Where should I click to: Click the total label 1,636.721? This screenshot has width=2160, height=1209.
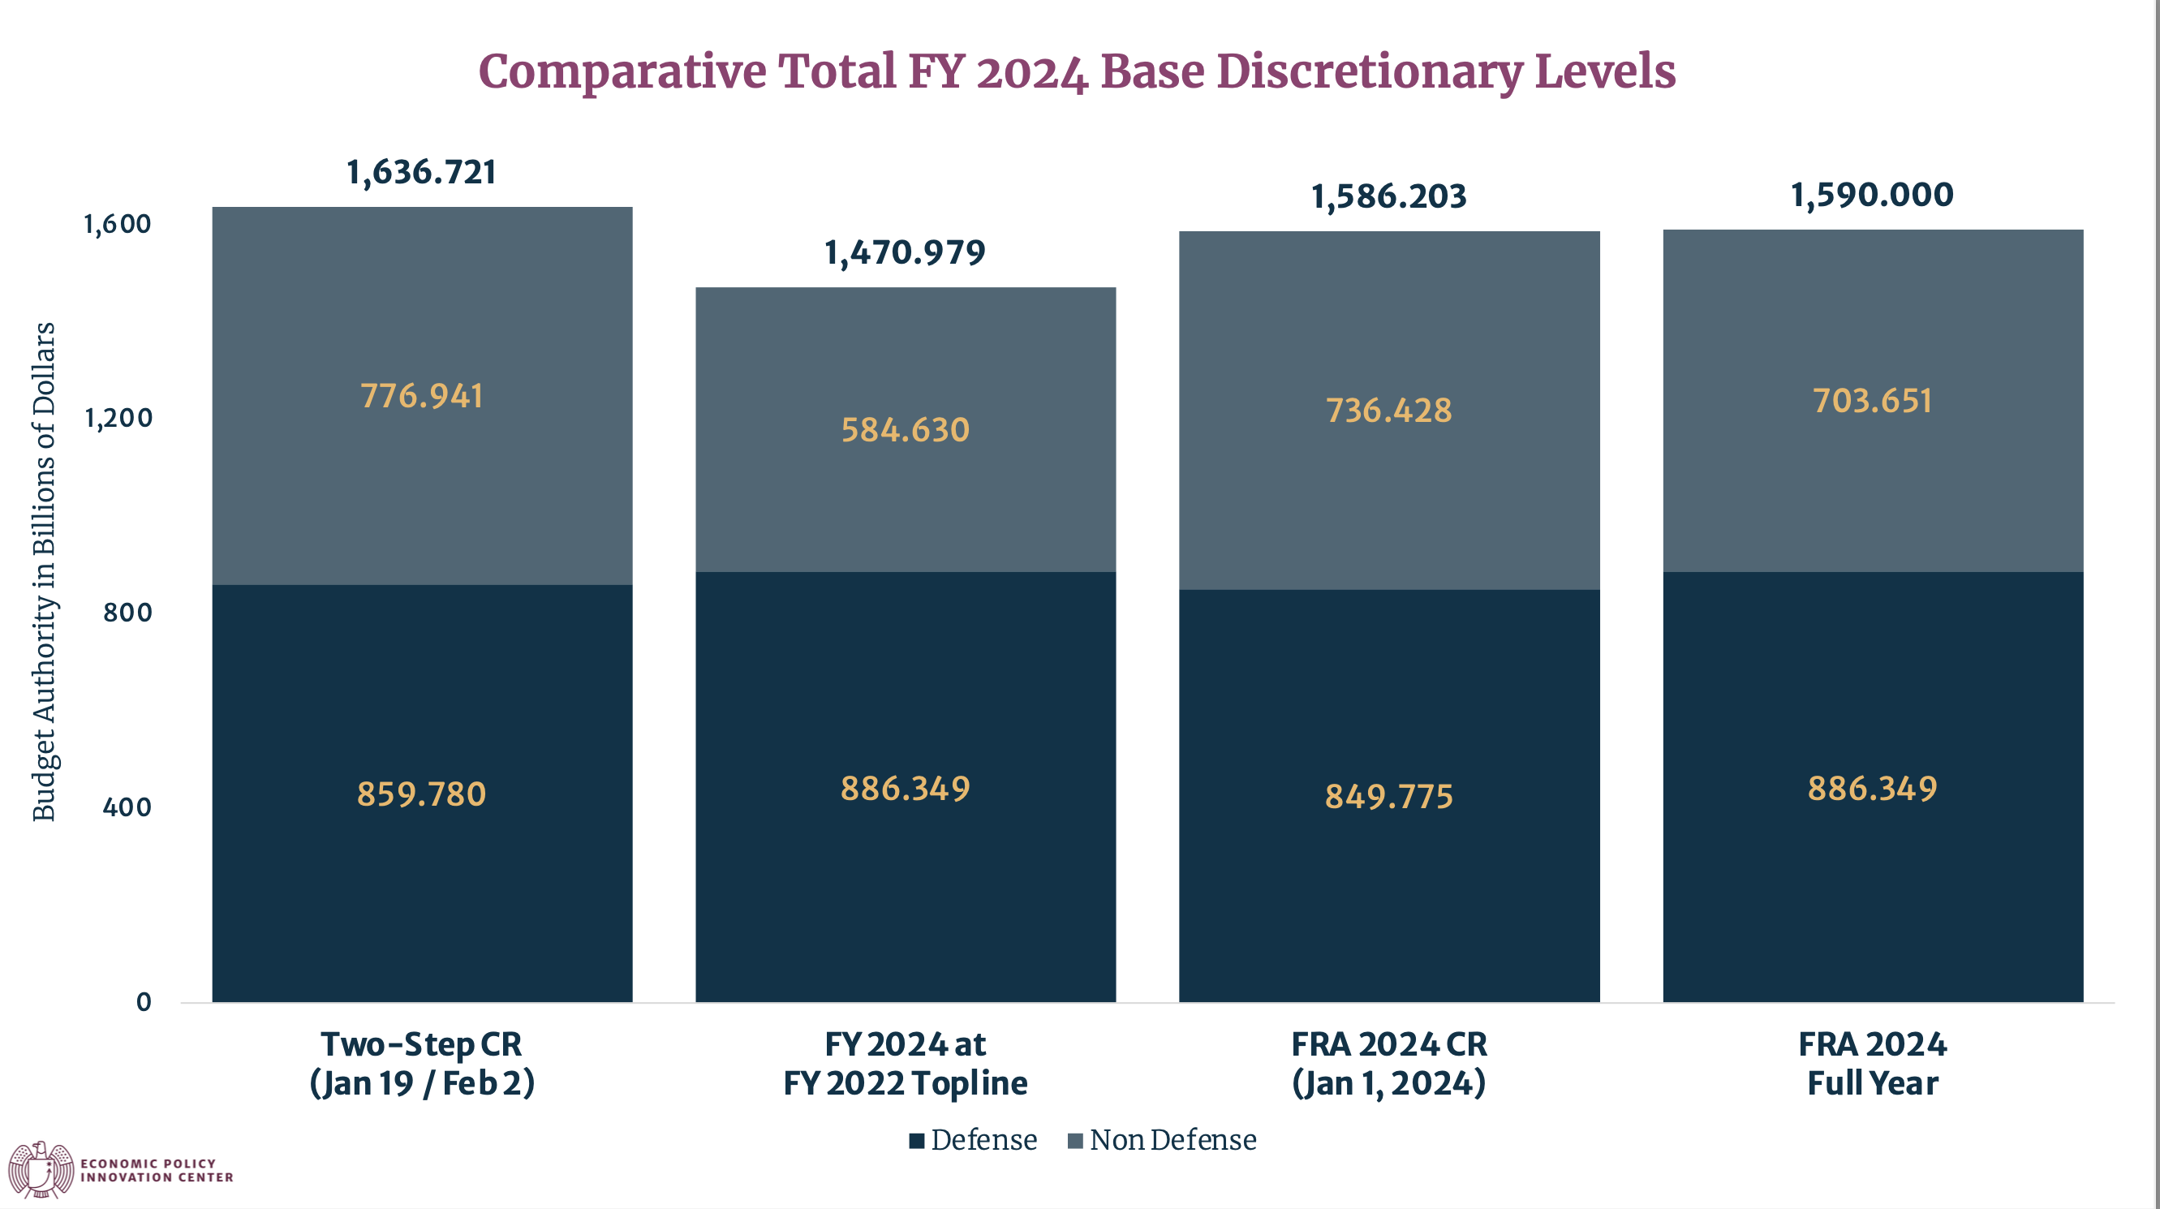tap(421, 173)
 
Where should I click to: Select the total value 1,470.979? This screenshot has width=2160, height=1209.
tap(905, 252)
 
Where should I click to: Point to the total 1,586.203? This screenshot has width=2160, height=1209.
tap(1388, 197)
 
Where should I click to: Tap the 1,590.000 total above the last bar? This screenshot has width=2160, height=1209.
tap(1872, 196)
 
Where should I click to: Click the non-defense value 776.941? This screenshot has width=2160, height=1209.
tap(422, 397)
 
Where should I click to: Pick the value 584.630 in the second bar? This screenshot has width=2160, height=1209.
tap(905, 430)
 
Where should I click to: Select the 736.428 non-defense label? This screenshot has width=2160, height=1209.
tap(1388, 411)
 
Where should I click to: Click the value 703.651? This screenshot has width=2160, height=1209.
tap(1872, 401)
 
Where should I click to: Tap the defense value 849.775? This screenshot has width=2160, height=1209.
tap(1388, 797)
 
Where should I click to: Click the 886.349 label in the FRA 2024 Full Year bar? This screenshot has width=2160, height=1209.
tap(1872, 789)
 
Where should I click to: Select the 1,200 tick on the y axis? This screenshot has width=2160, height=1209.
tap(118, 418)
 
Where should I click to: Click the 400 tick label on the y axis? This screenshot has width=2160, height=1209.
tap(127, 807)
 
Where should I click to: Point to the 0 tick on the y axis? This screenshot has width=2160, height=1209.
tap(144, 1002)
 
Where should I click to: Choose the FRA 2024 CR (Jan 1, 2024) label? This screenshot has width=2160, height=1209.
tap(1388, 1063)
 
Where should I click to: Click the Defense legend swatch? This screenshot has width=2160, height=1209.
tap(916, 1141)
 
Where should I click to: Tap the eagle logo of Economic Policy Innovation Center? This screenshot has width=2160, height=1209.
tap(41, 1168)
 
